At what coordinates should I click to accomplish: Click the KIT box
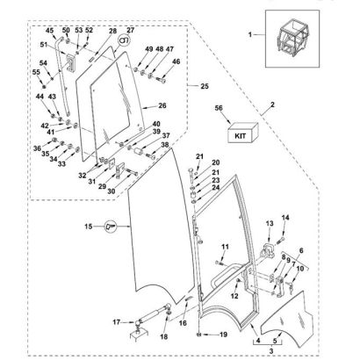tap(242, 133)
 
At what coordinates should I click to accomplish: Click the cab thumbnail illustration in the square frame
tap(292, 38)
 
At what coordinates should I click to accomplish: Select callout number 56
tap(219, 108)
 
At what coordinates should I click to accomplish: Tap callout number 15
tap(89, 227)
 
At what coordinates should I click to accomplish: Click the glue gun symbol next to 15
tap(111, 227)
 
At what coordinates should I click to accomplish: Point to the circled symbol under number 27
tap(124, 40)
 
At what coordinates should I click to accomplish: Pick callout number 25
tap(205, 86)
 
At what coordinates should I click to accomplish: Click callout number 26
tap(162, 105)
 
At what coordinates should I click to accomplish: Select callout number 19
tap(223, 335)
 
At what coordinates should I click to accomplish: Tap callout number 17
tap(117, 322)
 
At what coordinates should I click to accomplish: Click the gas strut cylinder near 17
tap(152, 313)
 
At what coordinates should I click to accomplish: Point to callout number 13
tap(270, 224)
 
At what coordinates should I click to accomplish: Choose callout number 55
tap(36, 72)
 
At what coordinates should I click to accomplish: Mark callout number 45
tap(50, 31)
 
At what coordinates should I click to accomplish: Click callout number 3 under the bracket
tap(271, 350)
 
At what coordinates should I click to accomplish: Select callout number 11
tap(225, 247)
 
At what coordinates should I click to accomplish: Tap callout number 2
tap(272, 104)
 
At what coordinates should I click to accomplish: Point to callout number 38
tap(165, 145)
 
